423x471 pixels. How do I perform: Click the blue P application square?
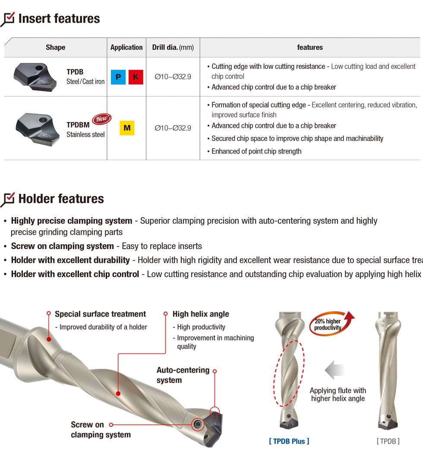tap(118, 77)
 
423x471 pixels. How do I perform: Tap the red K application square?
tap(136, 77)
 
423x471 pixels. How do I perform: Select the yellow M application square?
tap(127, 128)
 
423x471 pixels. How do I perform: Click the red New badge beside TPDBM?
tap(101, 119)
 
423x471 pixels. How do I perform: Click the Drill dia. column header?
tap(173, 47)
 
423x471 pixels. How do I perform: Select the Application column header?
tap(126, 47)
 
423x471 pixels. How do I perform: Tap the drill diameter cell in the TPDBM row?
tap(173, 128)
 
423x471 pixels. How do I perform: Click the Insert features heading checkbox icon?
tap(8, 19)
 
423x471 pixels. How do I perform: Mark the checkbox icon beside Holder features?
tap(8, 199)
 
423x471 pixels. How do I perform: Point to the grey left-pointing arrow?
tap(335, 370)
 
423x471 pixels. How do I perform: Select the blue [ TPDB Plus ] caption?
tap(289, 441)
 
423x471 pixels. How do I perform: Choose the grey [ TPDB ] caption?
tap(388, 441)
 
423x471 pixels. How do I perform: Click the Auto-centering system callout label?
tap(183, 375)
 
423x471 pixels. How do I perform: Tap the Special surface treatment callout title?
tap(100, 314)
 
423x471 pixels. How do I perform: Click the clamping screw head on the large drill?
tap(198, 424)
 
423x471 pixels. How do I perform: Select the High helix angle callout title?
tap(201, 314)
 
